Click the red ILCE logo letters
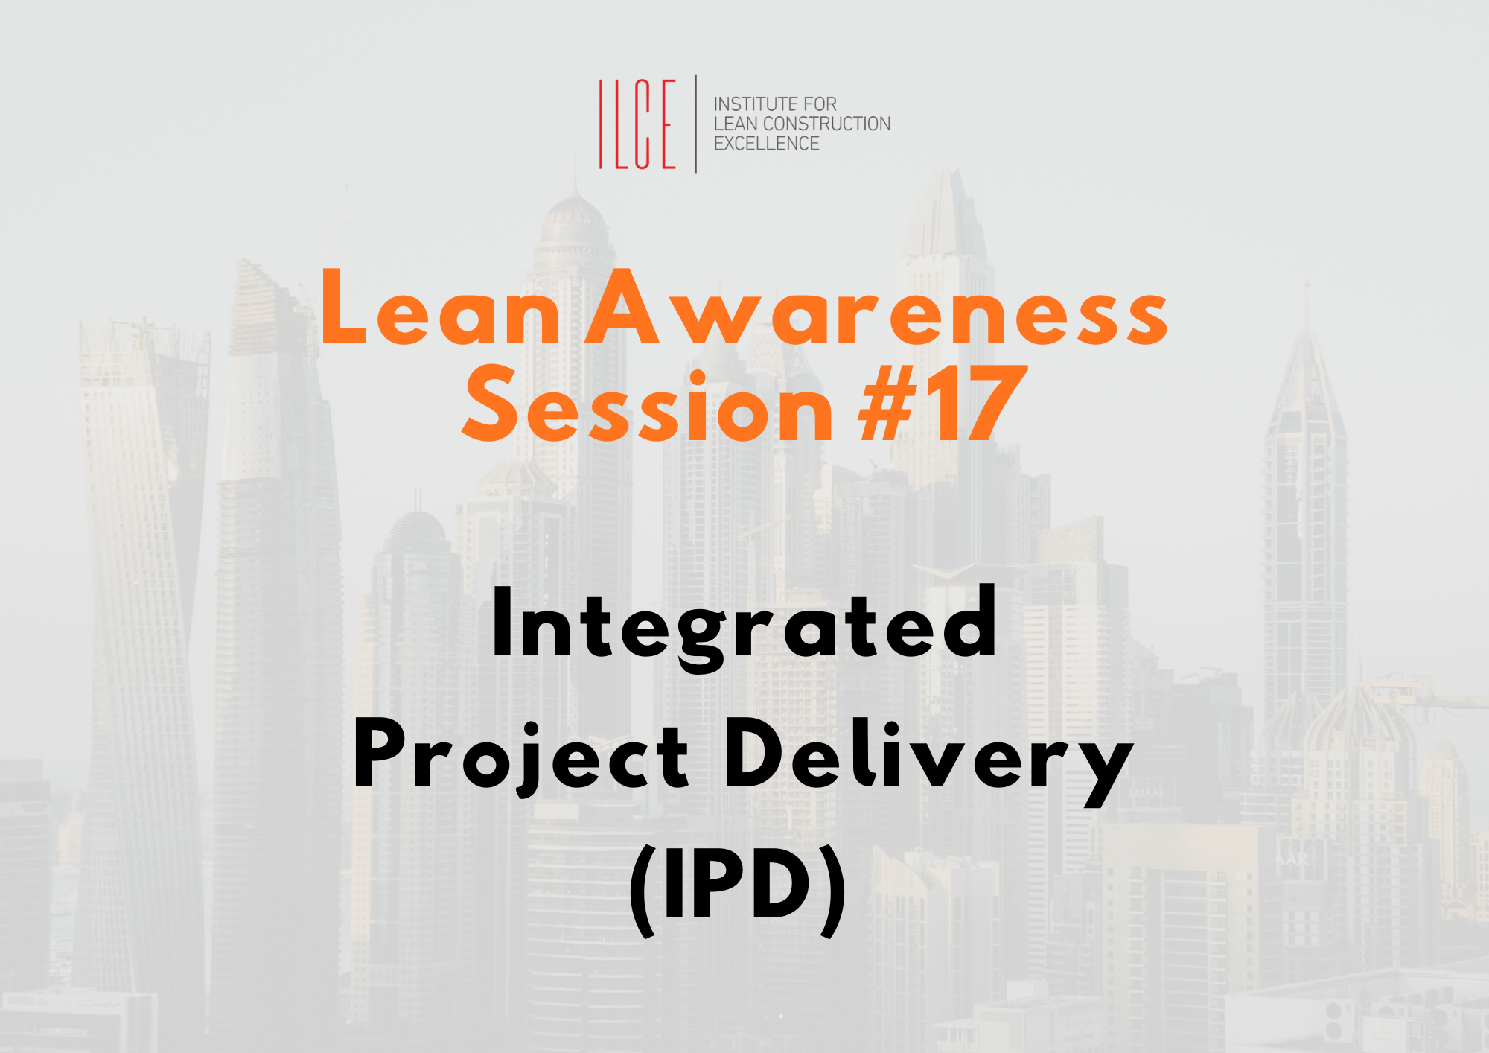(637, 124)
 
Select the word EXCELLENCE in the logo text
(767, 144)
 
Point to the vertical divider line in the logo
(696, 124)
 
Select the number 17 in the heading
(978, 403)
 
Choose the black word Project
(521, 758)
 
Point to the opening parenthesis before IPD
(643, 891)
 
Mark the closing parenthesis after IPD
(833, 891)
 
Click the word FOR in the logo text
(820, 104)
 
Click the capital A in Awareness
(622, 306)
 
